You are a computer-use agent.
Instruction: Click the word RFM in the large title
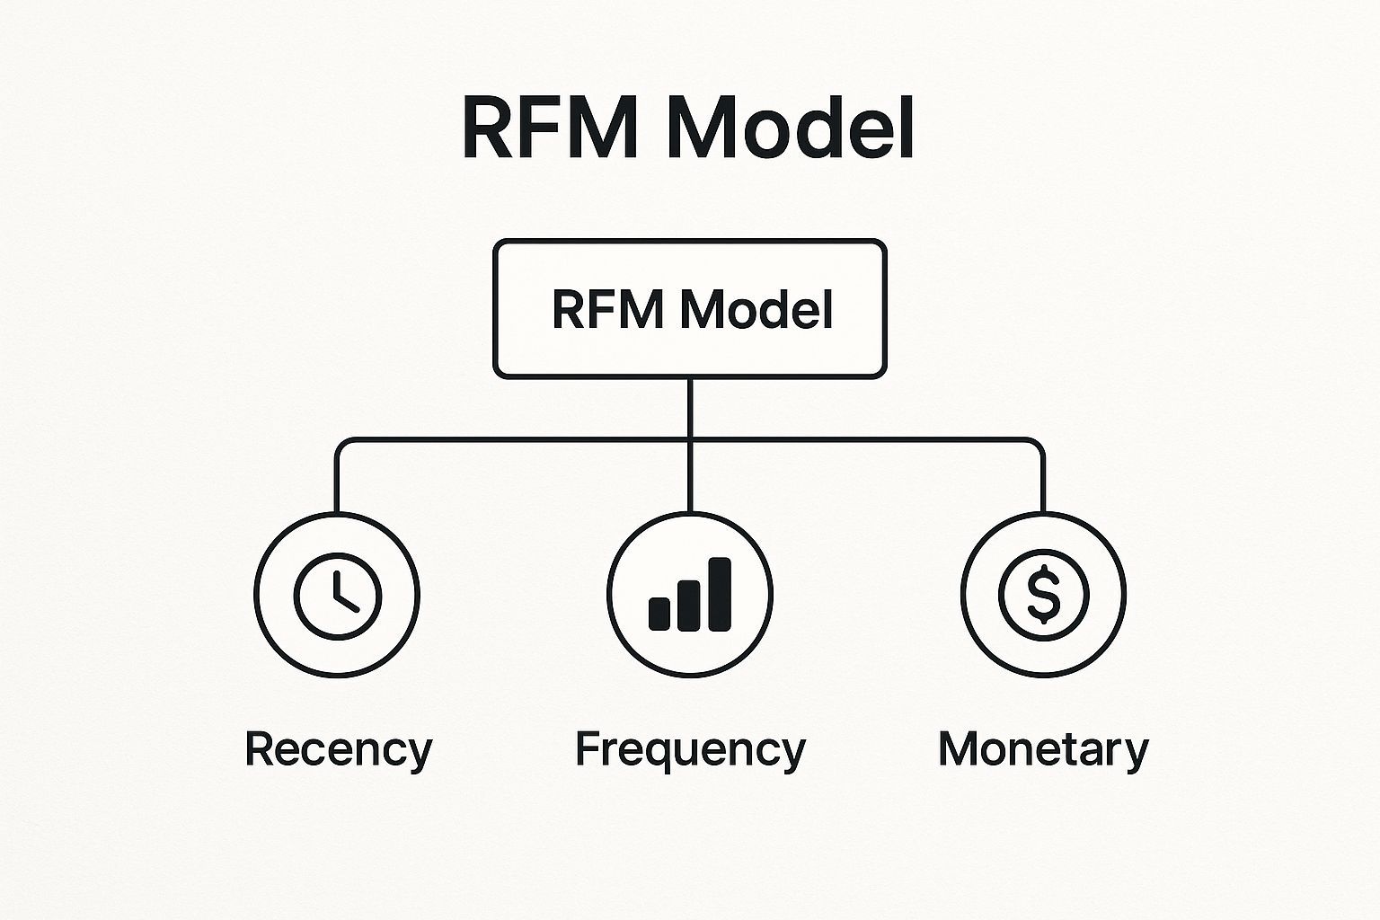(x=550, y=128)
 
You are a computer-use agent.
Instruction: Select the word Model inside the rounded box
(x=756, y=308)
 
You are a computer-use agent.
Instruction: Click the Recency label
(x=339, y=750)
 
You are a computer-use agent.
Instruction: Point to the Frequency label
(x=691, y=750)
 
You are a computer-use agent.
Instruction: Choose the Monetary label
(x=1044, y=750)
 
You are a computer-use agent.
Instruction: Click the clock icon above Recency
(x=338, y=596)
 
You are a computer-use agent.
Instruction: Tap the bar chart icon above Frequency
(x=690, y=595)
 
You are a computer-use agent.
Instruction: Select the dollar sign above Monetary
(x=1044, y=596)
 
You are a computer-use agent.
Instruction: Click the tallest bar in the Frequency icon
(x=720, y=595)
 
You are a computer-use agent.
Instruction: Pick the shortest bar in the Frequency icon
(x=659, y=615)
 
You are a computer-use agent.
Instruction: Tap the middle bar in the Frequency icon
(x=689, y=606)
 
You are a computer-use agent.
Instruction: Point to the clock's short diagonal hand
(x=347, y=603)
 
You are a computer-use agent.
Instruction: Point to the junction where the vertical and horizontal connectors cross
(x=690, y=440)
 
